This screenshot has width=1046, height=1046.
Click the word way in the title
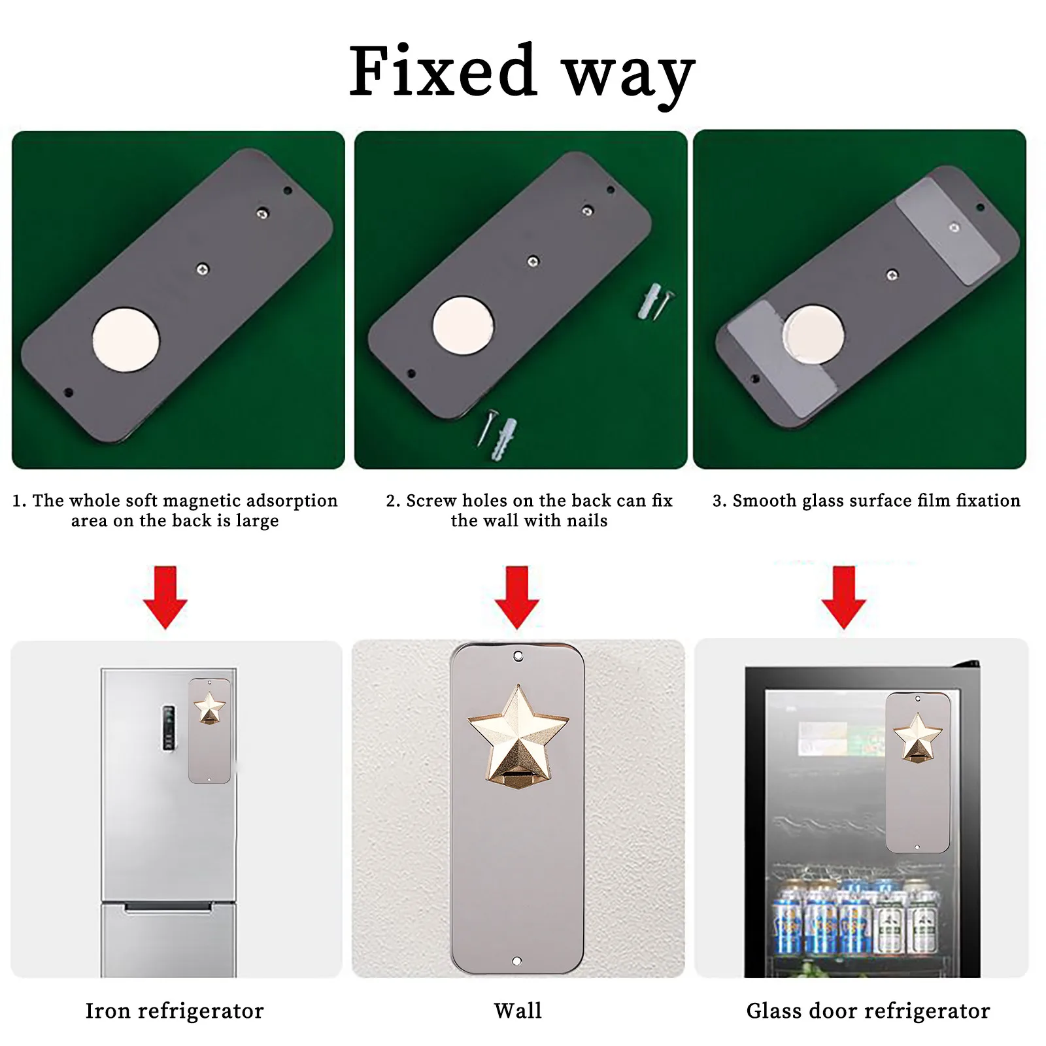[x=629, y=77]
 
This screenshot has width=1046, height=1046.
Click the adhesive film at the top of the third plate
[x=948, y=231]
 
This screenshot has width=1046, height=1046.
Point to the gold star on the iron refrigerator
[x=210, y=708]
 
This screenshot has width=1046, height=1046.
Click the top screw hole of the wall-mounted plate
[x=518, y=655]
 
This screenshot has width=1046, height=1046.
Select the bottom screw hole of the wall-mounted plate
[x=517, y=962]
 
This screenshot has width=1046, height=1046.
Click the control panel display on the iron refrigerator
[x=169, y=727]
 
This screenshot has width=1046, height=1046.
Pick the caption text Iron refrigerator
[x=175, y=1011]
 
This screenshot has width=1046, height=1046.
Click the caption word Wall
[x=518, y=1011]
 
